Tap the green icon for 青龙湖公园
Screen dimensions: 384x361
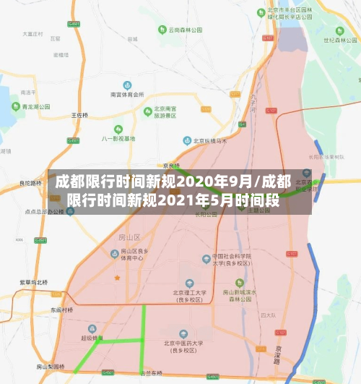14,106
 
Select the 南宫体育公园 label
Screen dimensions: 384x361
126,95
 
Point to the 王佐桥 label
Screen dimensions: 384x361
79,115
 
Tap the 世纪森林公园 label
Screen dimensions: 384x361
339,30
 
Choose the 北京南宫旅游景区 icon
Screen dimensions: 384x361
147,111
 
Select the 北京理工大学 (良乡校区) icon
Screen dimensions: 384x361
190,283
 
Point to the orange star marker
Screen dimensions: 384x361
117,277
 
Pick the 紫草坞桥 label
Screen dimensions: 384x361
33,282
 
